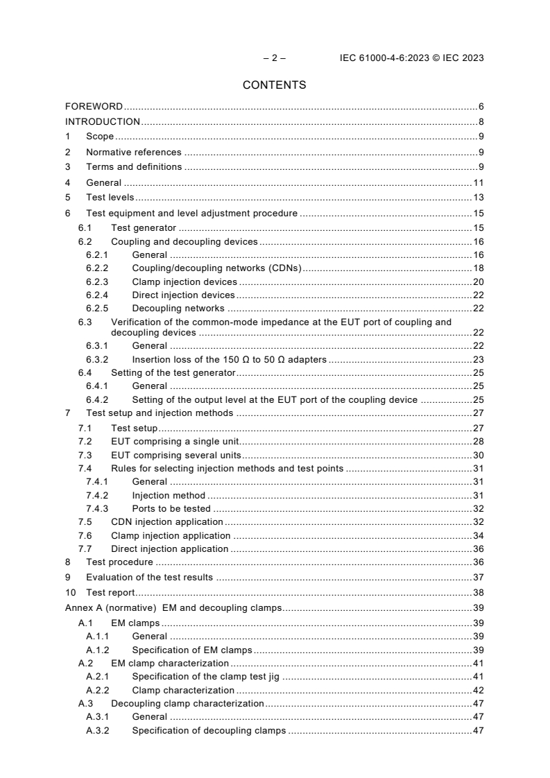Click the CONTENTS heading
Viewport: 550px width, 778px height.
pyautogui.click(x=275, y=85)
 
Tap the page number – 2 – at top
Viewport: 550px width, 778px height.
pyautogui.click(x=275, y=58)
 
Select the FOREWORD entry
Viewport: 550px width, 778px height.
pyautogui.click(x=94, y=107)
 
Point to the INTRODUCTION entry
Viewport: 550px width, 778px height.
pyautogui.click(x=103, y=122)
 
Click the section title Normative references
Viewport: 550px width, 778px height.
pyautogui.click(x=133, y=152)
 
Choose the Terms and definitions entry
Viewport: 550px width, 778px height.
pyautogui.click(x=134, y=167)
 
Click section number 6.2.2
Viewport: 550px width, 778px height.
pyautogui.click(x=98, y=268)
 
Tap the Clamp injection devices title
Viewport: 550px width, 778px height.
pyautogui.click(x=184, y=282)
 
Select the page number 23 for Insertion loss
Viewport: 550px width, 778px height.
pyautogui.click(x=478, y=359)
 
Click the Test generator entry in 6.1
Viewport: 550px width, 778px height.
pyautogui.click(x=144, y=228)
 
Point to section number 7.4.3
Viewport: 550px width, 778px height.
pyautogui.click(x=98, y=508)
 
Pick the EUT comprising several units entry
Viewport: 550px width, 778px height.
pyautogui.click(x=176, y=455)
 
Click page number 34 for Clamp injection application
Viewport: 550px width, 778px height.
pyautogui.click(x=478, y=535)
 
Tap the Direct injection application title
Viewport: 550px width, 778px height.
pyautogui.click(x=170, y=548)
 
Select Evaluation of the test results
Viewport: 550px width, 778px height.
pyautogui.click(x=149, y=577)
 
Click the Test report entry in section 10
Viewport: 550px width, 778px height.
pyautogui.click(x=110, y=592)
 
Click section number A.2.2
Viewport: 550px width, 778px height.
pyautogui.click(x=98, y=690)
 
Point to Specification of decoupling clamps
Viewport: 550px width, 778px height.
pyautogui.click(x=209, y=730)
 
